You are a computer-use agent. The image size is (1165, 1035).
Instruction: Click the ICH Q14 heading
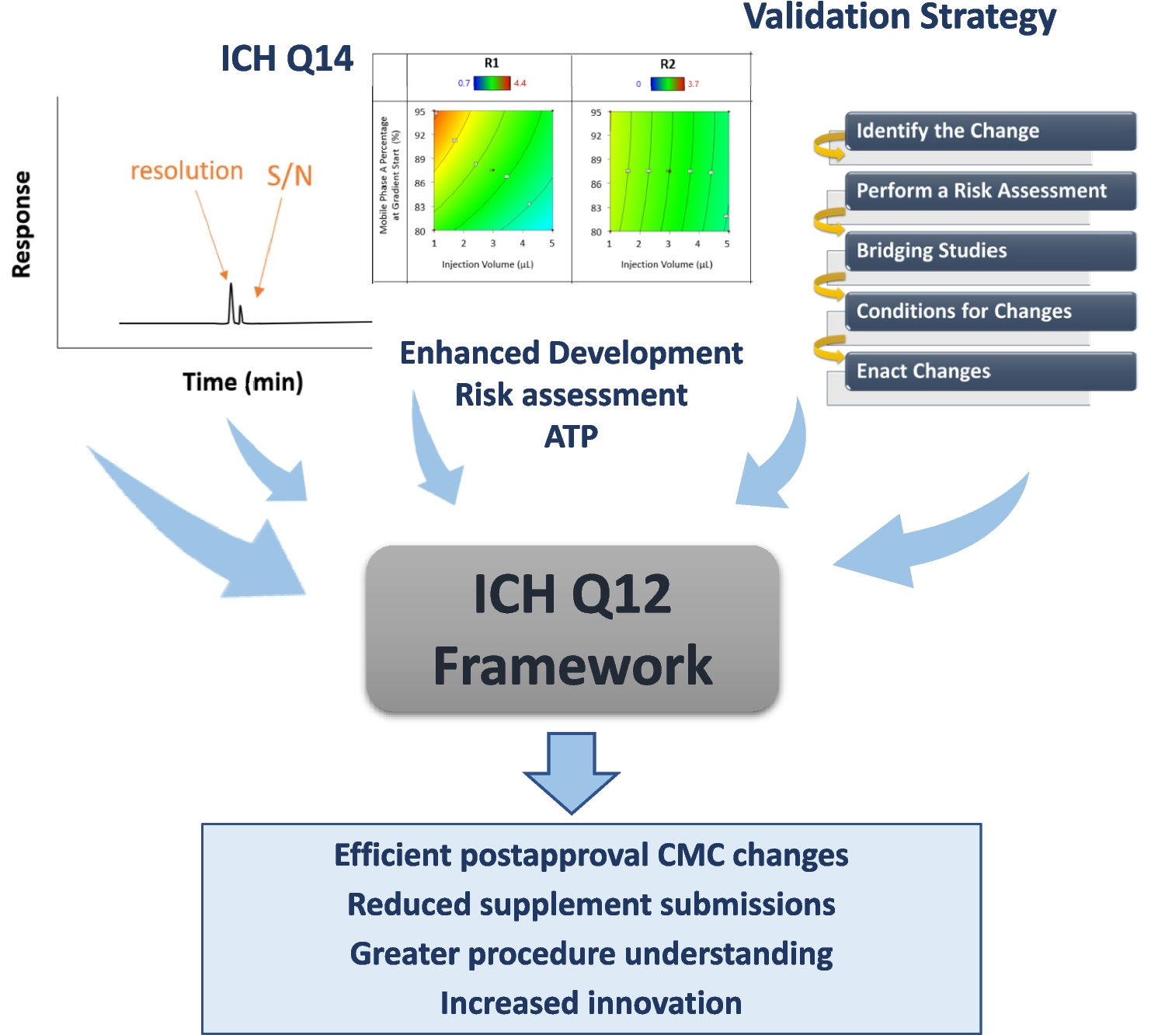[287, 59]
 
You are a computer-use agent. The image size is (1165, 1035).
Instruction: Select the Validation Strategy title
[899, 17]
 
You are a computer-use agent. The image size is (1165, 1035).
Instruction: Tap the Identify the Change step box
[989, 131]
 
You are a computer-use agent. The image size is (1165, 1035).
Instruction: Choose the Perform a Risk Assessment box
[989, 191]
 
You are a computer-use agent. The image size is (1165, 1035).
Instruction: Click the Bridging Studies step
[989, 251]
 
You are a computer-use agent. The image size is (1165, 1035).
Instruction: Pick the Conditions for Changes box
[989, 312]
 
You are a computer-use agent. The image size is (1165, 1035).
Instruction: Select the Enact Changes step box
[989, 371]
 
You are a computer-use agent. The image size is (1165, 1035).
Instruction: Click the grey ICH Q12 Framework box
[572, 629]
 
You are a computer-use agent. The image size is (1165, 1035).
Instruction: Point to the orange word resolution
[186, 171]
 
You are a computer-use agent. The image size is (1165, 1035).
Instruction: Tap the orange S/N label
[289, 176]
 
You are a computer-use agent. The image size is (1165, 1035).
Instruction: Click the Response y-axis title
[22, 225]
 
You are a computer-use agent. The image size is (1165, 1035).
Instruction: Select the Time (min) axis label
[242, 382]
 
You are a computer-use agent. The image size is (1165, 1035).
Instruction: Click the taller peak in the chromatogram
[231, 299]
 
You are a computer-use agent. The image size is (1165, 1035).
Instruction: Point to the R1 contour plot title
[491, 64]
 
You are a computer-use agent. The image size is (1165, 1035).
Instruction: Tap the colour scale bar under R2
[667, 84]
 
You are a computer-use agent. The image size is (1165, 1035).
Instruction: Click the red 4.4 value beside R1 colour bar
[520, 83]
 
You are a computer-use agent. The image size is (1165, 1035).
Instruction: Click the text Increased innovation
[591, 1003]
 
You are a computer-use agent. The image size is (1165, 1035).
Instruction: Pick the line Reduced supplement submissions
[591, 904]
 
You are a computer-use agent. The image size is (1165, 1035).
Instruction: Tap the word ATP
[571, 437]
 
